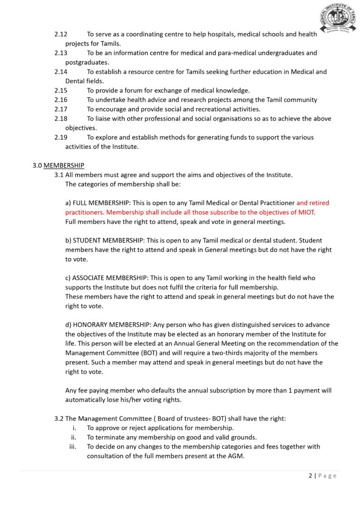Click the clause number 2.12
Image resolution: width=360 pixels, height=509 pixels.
coord(61,34)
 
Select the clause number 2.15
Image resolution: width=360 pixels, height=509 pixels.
coord(61,90)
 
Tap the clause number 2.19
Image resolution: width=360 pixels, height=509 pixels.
coord(61,137)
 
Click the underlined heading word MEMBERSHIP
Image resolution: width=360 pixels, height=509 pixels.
coord(64,165)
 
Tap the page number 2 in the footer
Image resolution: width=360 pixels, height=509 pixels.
coord(310,476)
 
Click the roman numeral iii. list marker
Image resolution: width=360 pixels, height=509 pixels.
coord(73,447)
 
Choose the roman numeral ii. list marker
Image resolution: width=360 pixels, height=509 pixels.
coord(74,437)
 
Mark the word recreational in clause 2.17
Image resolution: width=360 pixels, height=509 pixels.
coord(202,109)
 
